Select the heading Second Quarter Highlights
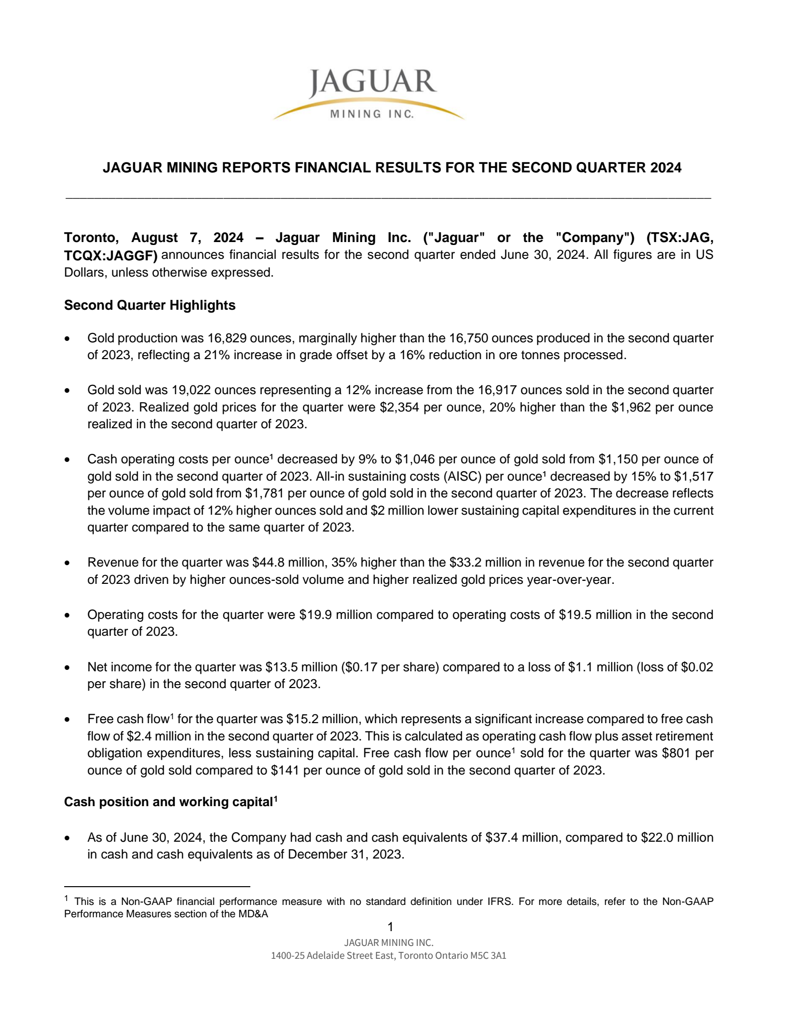coord(150,305)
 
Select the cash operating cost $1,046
coord(415,459)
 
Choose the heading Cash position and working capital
coord(168,802)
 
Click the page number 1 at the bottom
coord(390,927)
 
